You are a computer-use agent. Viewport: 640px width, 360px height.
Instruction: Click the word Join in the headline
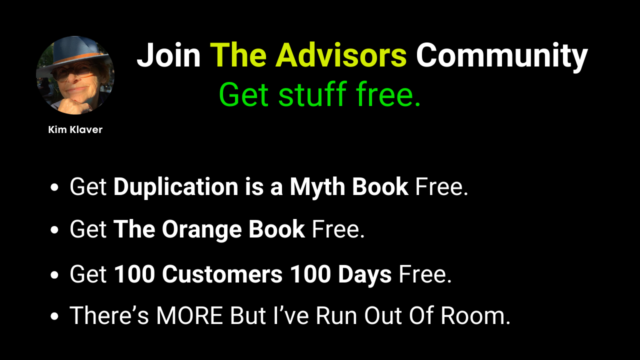[x=168, y=55]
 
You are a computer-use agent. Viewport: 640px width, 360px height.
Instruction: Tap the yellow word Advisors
[x=341, y=55]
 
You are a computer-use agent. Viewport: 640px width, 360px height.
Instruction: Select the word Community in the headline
[x=501, y=57]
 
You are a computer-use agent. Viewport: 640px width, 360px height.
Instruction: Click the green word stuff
[x=312, y=93]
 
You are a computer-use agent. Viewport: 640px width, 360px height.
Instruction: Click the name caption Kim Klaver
[x=75, y=129]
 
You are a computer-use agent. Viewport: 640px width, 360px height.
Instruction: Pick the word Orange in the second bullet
[x=201, y=229]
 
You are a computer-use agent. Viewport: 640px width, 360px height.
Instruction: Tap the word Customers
[x=222, y=274]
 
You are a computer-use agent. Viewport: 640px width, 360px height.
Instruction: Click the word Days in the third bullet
[x=365, y=275]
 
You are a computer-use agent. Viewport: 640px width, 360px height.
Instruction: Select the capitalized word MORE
[x=189, y=315]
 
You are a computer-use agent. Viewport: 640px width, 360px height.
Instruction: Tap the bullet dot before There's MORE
[x=54, y=316]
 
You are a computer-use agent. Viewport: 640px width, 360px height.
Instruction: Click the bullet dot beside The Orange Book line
[x=54, y=230]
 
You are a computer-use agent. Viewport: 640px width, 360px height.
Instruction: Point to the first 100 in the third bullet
[x=134, y=274]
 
